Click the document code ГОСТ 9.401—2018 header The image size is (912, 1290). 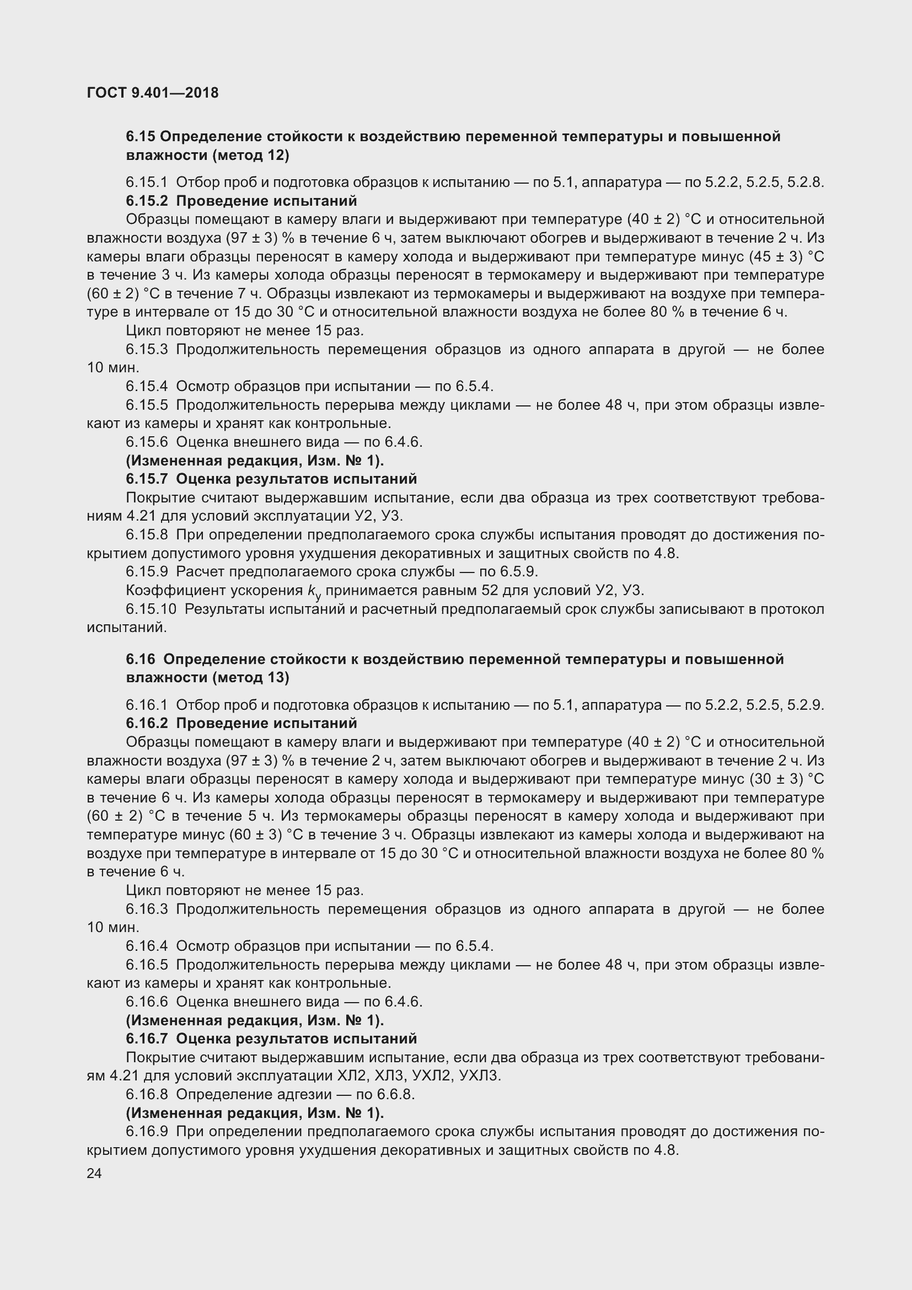(x=153, y=93)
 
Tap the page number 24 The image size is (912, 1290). (x=94, y=1173)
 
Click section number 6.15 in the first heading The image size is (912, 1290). (x=141, y=137)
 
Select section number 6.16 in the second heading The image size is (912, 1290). (x=141, y=659)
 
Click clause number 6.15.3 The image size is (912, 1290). (x=147, y=350)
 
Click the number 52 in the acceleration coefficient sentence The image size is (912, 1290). (x=491, y=591)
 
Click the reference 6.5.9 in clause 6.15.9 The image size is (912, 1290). (x=519, y=572)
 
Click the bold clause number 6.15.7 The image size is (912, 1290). (x=147, y=479)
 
